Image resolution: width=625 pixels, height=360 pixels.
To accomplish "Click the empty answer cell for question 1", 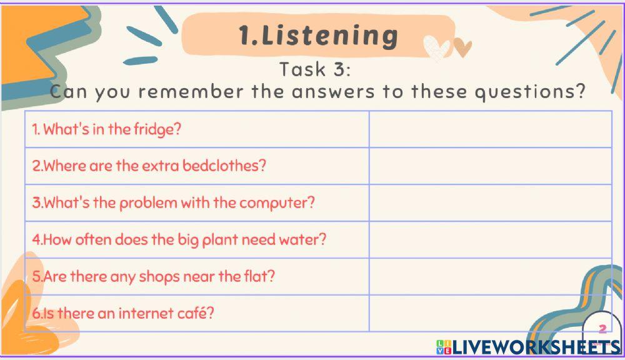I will pos(490,129).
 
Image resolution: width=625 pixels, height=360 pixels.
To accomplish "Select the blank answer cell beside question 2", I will pos(490,166).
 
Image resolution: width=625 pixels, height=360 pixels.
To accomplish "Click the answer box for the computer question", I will pos(490,203).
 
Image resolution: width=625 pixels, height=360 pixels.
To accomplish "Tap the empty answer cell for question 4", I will pos(490,240).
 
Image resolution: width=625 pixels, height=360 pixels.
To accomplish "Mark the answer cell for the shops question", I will pos(490,276).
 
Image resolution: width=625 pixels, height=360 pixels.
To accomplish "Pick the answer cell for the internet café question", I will pos(490,313).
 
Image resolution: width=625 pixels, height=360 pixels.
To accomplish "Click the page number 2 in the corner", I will pos(602,329).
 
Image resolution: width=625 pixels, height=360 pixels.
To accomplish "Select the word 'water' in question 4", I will pos(300,240).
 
